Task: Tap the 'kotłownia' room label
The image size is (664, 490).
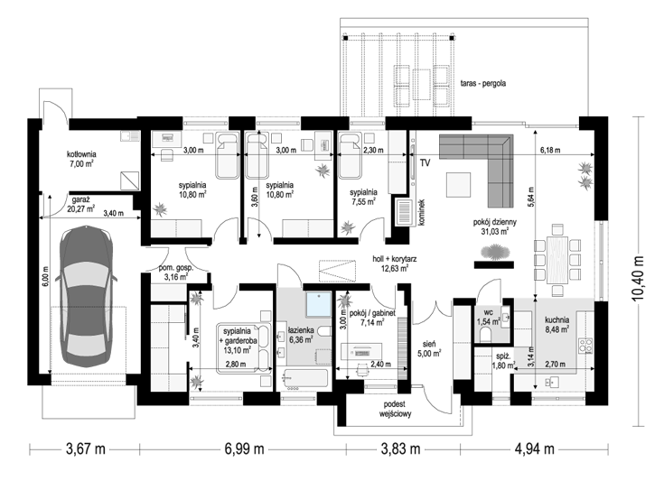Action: click(81, 154)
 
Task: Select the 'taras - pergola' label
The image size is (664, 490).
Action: click(483, 83)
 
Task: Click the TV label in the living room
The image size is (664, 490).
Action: click(426, 163)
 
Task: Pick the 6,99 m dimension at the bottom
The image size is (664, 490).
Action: click(244, 448)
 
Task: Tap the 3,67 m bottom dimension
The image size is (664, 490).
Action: click(86, 448)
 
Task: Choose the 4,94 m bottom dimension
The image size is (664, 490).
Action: click(535, 448)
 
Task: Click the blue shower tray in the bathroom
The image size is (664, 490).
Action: click(319, 304)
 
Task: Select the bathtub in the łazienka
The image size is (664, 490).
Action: click(305, 379)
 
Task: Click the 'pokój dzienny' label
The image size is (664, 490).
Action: click(495, 222)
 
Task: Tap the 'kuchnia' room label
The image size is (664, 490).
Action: click(556, 320)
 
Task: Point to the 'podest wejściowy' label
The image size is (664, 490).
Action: click(395, 409)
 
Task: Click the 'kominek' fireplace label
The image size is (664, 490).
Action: click(421, 213)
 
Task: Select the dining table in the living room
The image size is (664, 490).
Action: click(556, 260)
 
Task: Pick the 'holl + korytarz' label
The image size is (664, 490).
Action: click(394, 259)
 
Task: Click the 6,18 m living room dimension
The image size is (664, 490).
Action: click(550, 150)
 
